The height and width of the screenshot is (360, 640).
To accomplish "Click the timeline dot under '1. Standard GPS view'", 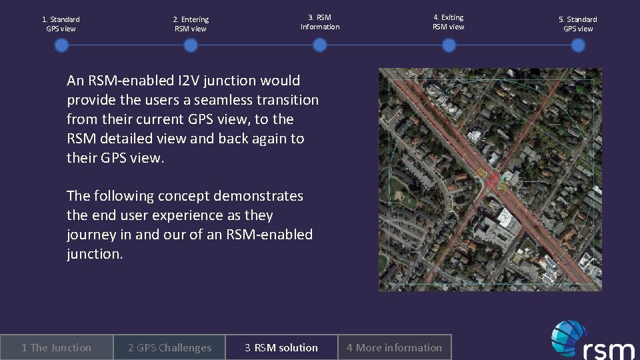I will pyautogui.click(x=61, y=45).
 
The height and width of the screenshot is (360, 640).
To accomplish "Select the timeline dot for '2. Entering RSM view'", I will pyautogui.click(x=191, y=45).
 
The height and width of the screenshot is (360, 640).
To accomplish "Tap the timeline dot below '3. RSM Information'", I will pyautogui.click(x=320, y=45).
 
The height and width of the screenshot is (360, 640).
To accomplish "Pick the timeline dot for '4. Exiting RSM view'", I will pyautogui.click(x=449, y=45).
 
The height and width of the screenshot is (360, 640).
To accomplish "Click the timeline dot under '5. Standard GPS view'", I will pyautogui.click(x=578, y=45).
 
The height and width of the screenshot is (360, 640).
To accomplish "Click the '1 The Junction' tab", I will pyautogui.click(x=56, y=347).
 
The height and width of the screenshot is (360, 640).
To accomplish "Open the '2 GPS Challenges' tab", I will pyautogui.click(x=169, y=347).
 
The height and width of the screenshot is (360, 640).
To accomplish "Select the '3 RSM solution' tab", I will pyautogui.click(x=281, y=347).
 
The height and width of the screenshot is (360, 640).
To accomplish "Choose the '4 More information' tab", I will pyautogui.click(x=394, y=347).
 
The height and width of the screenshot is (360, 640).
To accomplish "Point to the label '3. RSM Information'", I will pyautogui.click(x=320, y=22).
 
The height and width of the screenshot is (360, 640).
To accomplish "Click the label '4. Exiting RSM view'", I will pyautogui.click(x=449, y=22).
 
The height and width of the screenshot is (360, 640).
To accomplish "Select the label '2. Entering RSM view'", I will pyautogui.click(x=191, y=24).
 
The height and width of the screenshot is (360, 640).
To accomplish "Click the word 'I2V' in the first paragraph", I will pyautogui.click(x=190, y=81).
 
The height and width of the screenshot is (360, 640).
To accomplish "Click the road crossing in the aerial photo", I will pyautogui.click(x=492, y=180).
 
